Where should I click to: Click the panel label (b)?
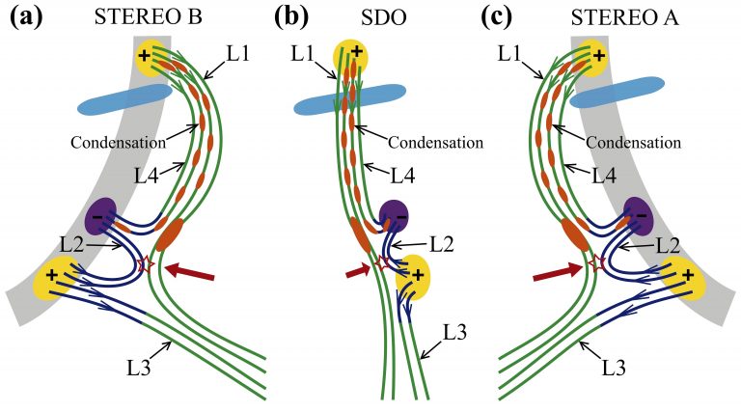click(x=292, y=16)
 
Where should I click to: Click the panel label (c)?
click(x=512, y=16)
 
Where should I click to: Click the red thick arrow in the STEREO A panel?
click(x=558, y=273)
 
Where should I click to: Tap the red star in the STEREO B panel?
click(x=148, y=264)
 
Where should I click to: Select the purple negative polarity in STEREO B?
click(x=101, y=214)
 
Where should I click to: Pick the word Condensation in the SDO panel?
click(x=435, y=142)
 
